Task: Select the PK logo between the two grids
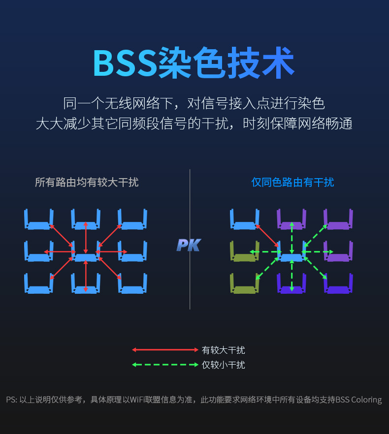pos(188,245)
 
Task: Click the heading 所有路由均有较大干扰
pos(87,183)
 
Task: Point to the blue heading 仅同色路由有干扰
pos(292,183)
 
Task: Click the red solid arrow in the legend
pos(165,350)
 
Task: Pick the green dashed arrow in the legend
pos(165,365)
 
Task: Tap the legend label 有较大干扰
pos(223,350)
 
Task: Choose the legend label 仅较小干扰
pos(223,365)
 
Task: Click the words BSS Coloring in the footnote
pos(358,400)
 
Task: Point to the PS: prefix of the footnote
pos(11,400)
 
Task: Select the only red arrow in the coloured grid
pos(268,236)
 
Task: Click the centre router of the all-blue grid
pos(86,256)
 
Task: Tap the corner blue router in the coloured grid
pos(245,224)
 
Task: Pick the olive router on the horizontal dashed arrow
pos(244,256)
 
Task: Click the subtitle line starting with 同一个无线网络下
pos(194,104)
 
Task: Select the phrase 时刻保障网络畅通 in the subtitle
pos(298,124)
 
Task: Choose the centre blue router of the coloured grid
pos(292,256)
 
